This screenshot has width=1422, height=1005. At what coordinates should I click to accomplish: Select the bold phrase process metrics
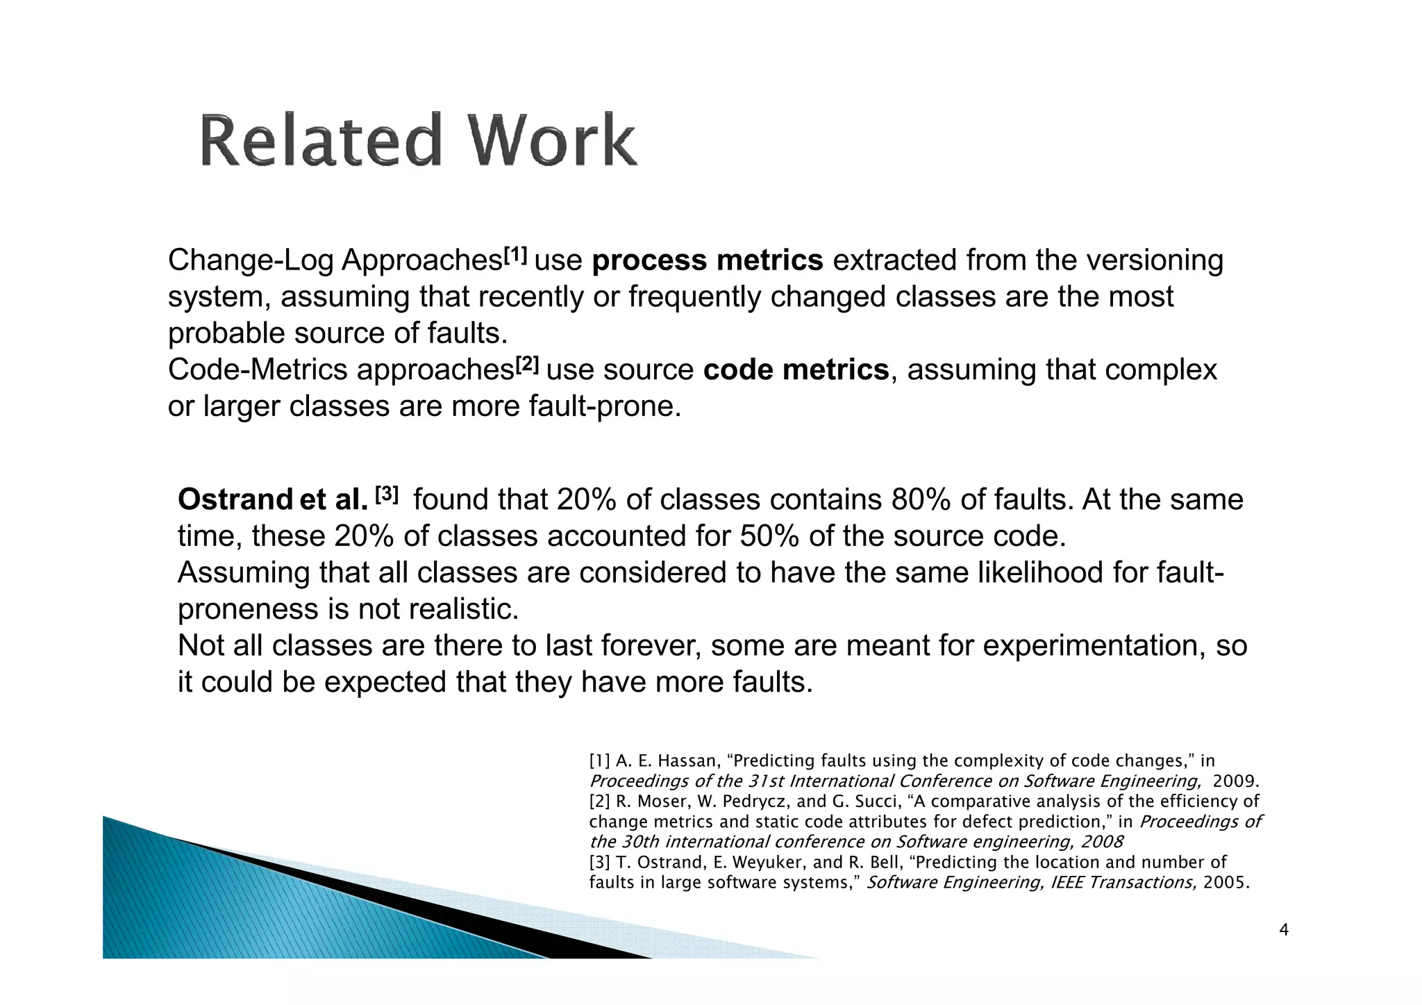point(708,260)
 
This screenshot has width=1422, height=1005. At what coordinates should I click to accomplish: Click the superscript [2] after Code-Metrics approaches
point(527,364)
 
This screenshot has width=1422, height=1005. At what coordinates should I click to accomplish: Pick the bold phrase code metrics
point(796,369)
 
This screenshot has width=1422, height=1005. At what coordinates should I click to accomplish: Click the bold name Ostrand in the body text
point(235,499)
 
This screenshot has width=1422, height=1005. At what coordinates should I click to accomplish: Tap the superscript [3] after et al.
point(387,495)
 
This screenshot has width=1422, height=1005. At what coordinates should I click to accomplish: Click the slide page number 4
point(1284,930)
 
